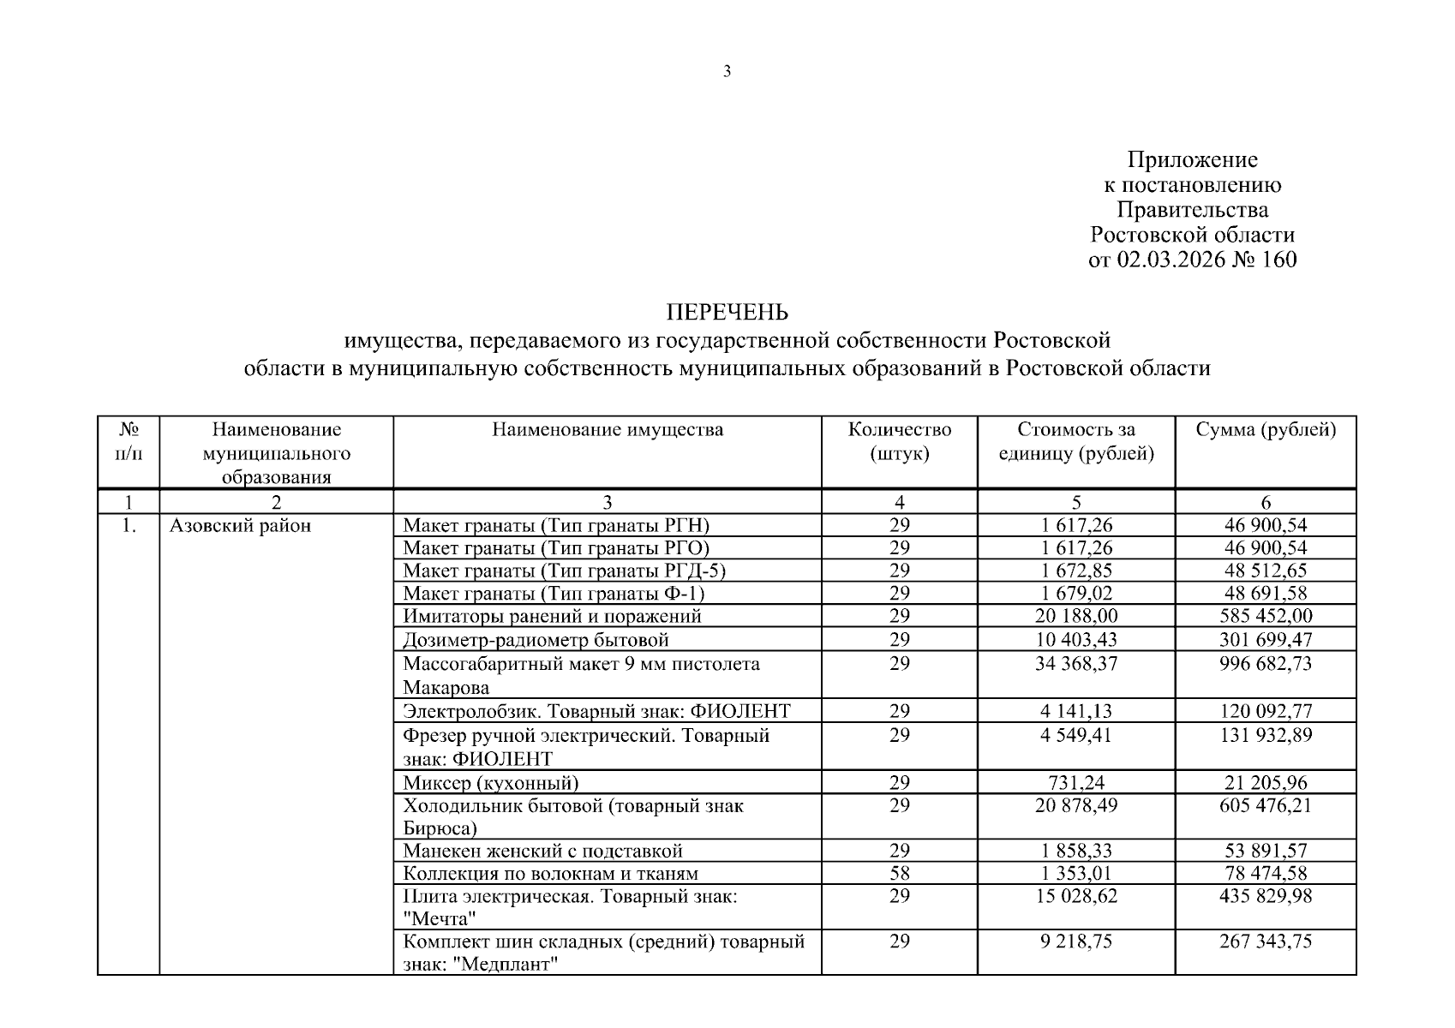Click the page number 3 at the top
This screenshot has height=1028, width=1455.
point(727,72)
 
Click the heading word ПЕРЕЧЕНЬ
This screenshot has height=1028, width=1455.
point(727,312)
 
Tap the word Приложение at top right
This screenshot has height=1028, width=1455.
point(1192,160)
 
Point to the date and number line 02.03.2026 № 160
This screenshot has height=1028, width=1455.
point(1192,260)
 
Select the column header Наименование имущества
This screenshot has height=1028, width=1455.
point(607,430)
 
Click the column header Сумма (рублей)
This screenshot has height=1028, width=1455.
point(1266,430)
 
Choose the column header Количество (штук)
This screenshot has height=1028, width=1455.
point(899,441)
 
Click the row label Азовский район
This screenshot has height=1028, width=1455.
point(240,526)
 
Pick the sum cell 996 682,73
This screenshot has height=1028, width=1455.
point(1266,664)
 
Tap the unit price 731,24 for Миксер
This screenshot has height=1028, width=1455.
point(1076,782)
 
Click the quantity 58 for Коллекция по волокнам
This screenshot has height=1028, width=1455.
point(899,874)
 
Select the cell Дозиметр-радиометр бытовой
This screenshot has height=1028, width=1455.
point(536,640)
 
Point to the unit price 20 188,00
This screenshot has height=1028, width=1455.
point(1076,616)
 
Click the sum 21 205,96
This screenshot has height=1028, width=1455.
point(1266,782)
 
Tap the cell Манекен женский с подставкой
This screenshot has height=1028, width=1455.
point(542,851)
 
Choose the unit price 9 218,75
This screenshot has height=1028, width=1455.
point(1076,941)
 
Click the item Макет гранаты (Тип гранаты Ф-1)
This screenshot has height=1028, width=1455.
point(554,593)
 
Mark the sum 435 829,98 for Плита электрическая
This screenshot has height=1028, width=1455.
point(1266,896)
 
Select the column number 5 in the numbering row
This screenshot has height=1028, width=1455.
point(1076,503)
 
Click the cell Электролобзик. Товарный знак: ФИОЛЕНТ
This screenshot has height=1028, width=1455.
point(596,711)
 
